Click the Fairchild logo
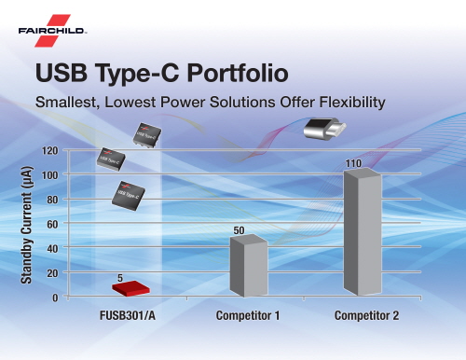52,31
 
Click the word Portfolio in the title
238,74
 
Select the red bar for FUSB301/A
130,288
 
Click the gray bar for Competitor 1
249,266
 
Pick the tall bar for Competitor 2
363,231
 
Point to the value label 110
353,163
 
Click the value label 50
239,230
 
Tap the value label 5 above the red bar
120,278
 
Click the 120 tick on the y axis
49,151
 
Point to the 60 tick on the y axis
52,224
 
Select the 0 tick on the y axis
55,298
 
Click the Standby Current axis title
26,225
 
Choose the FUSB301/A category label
128,315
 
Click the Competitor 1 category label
248,315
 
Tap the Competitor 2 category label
366,315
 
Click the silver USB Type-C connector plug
324,129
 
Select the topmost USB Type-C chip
147,135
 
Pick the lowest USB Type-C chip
129,196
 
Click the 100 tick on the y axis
49,175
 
